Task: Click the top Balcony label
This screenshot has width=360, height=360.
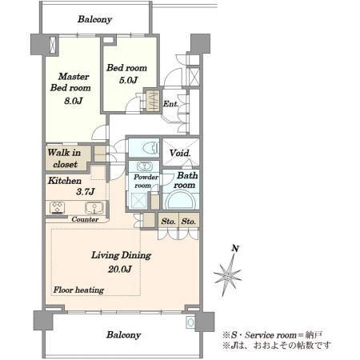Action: click(94, 19)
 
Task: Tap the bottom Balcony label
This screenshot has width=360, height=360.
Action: click(123, 335)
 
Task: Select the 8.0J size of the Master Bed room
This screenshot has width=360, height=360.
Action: click(74, 101)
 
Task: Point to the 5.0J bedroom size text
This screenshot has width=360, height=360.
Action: click(128, 80)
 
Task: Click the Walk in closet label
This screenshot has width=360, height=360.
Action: click(64, 158)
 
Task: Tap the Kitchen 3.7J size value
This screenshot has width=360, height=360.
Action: click(86, 192)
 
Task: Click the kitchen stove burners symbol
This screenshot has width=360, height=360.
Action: click(57, 208)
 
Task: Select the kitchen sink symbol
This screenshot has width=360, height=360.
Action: click(94, 208)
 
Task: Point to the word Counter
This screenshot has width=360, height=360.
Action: click(85, 219)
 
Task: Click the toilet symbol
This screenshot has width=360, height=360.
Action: click(150, 147)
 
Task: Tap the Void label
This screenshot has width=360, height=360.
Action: click(180, 153)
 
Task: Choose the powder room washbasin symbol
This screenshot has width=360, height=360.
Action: click(144, 166)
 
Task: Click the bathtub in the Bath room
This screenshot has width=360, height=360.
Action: click(181, 202)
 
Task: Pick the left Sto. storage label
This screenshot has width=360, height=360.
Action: click(168, 222)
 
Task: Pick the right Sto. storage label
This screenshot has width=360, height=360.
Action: click(189, 222)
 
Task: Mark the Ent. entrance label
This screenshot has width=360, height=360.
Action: click(171, 103)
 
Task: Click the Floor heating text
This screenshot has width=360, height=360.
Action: click(78, 290)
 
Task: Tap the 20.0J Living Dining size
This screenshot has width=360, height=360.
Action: click(120, 270)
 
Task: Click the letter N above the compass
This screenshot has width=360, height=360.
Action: click(235, 249)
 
